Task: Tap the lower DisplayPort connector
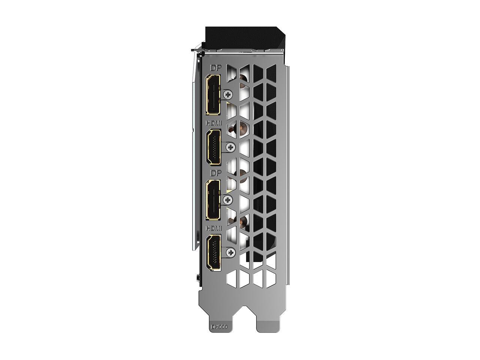tap(212, 199)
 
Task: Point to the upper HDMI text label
tap(213, 123)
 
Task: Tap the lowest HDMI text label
tap(213, 228)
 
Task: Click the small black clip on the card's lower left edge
tap(197, 279)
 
